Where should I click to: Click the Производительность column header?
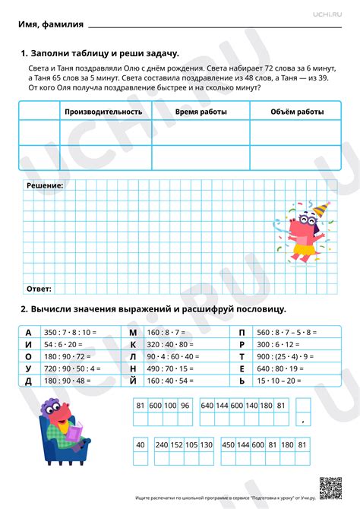[x=103, y=112]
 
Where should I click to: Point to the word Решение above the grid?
[x=45, y=185]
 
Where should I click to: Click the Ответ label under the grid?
[x=39, y=289]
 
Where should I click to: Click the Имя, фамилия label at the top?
[x=50, y=25]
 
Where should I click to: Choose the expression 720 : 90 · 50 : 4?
[x=72, y=368]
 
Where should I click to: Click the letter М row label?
[x=133, y=333]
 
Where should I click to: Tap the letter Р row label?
[x=242, y=344]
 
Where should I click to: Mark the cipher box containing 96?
[x=185, y=406]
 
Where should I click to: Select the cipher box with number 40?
[x=140, y=444]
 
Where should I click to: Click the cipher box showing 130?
[x=206, y=444]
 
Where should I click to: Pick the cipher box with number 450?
[x=227, y=444]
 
